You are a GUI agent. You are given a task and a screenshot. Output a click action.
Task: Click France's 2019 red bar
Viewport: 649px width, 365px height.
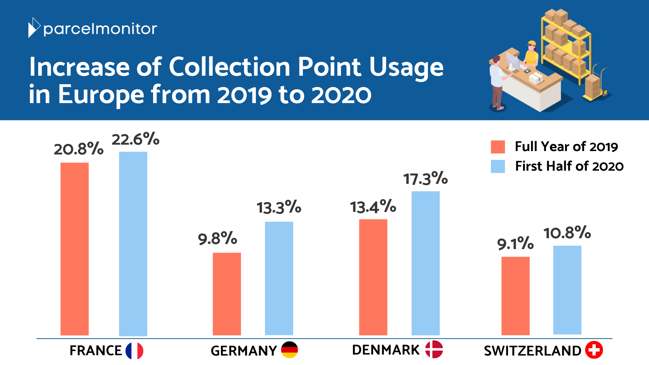[x=74, y=249]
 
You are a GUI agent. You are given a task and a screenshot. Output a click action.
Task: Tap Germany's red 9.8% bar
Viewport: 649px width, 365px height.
[x=226, y=294]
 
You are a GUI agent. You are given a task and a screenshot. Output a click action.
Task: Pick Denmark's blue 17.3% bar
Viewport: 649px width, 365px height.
[x=425, y=263]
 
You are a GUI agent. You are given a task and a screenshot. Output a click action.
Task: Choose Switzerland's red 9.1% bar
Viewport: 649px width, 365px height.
[x=515, y=296]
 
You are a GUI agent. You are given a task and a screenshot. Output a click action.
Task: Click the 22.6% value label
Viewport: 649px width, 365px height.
[x=135, y=139]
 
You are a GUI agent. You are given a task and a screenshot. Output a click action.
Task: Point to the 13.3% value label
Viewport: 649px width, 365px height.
[x=279, y=207]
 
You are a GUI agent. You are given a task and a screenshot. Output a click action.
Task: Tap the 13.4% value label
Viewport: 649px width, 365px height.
[x=373, y=206]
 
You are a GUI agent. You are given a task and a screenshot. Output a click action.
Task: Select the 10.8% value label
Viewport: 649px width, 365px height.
[x=567, y=233]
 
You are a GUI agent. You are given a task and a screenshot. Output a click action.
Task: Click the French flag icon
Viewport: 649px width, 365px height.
[x=134, y=350]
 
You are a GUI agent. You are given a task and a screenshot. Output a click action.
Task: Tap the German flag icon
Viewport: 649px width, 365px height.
[x=289, y=350]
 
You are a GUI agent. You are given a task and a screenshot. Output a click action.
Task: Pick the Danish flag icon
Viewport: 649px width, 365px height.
[x=434, y=349]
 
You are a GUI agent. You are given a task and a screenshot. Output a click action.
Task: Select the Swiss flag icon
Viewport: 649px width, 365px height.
[x=594, y=350]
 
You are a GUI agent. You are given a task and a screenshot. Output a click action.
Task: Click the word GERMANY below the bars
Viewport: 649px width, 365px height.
[x=243, y=351]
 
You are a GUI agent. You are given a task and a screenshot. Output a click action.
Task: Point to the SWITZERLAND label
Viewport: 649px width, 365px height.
[x=532, y=351]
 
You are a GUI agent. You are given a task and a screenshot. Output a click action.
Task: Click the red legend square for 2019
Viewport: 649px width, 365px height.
[x=498, y=147]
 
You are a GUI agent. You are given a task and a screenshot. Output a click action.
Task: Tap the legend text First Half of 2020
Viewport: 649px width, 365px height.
[x=569, y=166]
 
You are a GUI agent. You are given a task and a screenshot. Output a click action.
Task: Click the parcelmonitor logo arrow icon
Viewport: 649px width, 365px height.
[x=34, y=28]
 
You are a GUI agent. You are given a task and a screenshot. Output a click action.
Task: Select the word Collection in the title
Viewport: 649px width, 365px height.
[x=229, y=67]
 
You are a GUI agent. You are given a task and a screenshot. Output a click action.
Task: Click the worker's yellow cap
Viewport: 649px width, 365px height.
[x=531, y=43]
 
